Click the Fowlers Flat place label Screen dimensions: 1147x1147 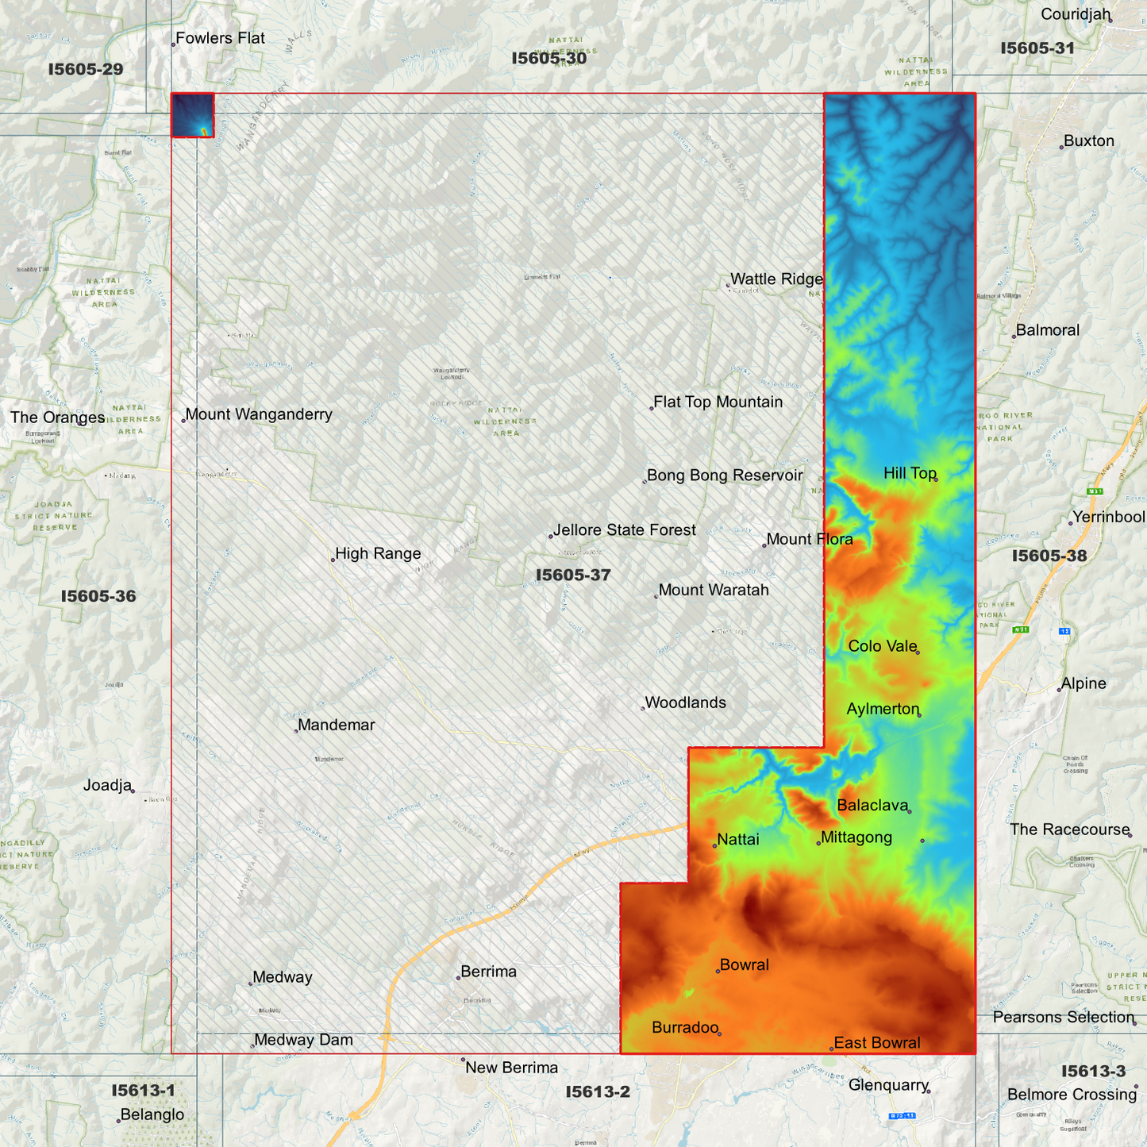[x=220, y=38]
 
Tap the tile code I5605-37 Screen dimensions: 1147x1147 [x=573, y=575]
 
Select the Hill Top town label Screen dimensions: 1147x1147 [x=910, y=473]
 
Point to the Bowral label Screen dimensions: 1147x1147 [x=744, y=965]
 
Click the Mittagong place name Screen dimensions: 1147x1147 [x=856, y=837]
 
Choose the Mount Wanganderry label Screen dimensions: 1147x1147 [x=259, y=414]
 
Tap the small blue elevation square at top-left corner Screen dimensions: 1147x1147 [x=193, y=115]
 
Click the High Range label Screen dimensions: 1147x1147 [x=378, y=554]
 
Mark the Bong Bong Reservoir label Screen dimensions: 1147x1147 [x=725, y=475]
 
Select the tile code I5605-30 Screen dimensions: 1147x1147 [x=549, y=58]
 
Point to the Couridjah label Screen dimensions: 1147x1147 [x=1076, y=14]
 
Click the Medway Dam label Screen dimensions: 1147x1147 [x=303, y=1040]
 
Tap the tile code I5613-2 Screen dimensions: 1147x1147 [x=598, y=1092]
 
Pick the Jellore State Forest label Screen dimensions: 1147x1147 [x=625, y=530]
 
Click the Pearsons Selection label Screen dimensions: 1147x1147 [x=1064, y=1018]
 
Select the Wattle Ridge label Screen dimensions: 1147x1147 [x=776, y=279]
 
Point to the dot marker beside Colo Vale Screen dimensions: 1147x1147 [x=918, y=652]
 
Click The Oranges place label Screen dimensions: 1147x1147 [x=57, y=418]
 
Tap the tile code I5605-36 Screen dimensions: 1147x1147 [x=98, y=596]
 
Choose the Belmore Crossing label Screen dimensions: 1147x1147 [x=1072, y=1095]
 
